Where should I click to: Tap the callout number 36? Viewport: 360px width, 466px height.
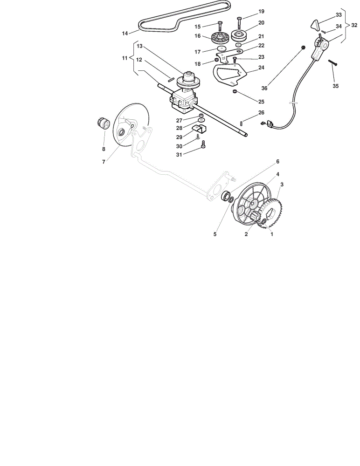click(264, 88)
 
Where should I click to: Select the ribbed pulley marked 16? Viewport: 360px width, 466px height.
click(220, 37)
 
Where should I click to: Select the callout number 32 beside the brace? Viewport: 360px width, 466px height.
click(354, 26)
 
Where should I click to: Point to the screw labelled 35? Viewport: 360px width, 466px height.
click(332, 63)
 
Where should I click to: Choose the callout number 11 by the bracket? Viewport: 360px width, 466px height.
click(125, 58)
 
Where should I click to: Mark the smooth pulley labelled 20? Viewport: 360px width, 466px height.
click(239, 36)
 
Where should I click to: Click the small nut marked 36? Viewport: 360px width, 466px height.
click(303, 48)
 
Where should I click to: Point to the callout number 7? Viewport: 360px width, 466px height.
click(104, 162)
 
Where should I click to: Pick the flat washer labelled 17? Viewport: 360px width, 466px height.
click(222, 49)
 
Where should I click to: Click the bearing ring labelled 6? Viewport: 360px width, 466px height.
click(227, 196)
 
